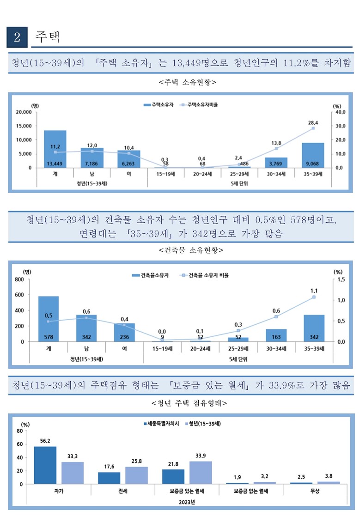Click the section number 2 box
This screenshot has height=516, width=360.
tap(18, 37)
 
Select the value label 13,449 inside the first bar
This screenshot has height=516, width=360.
tap(55, 163)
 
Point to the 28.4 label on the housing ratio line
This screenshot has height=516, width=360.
tap(313, 122)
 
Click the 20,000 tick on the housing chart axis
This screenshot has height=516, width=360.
tap(22, 112)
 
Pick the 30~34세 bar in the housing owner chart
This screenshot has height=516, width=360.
tap(276, 162)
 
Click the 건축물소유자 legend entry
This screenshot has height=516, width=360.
tap(150, 275)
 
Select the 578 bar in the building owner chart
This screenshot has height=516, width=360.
tap(49, 319)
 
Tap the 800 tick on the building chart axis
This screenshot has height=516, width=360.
tap(19, 279)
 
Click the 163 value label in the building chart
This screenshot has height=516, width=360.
tap(276, 337)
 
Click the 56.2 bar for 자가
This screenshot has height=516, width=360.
tap(45, 465)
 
